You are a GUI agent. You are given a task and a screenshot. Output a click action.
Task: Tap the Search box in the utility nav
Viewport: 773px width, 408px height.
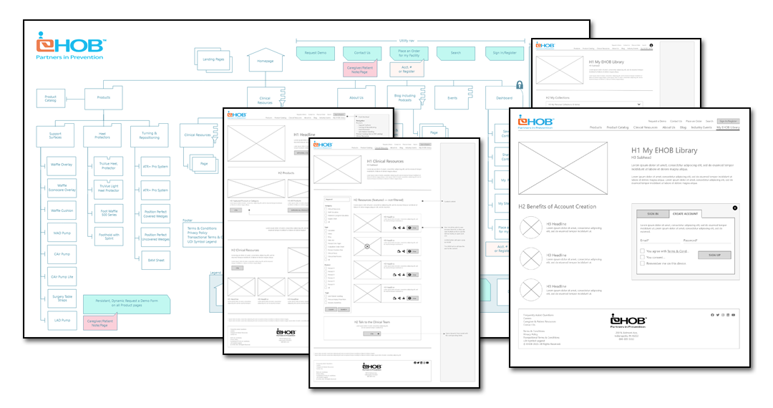point(455,53)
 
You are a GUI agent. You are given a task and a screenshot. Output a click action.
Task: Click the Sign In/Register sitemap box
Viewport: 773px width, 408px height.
point(504,53)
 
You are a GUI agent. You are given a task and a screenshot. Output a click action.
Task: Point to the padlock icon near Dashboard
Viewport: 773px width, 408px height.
point(519,85)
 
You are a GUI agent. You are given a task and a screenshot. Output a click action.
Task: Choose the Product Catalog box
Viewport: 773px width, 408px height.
point(50,98)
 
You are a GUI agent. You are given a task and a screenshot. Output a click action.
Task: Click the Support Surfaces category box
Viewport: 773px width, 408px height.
point(55,135)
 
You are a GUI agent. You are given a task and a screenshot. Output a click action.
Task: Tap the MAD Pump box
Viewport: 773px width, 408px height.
point(61,233)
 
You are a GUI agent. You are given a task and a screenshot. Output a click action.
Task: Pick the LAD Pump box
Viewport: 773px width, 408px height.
point(61,320)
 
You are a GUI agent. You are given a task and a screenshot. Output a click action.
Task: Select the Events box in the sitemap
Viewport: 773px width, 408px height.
point(452,97)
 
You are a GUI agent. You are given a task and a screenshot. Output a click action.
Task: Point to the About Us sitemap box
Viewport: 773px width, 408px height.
point(356,97)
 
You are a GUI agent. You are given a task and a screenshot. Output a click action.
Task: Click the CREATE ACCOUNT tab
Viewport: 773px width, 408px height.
point(685,213)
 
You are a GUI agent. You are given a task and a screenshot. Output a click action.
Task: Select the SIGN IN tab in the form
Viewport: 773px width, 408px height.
point(652,213)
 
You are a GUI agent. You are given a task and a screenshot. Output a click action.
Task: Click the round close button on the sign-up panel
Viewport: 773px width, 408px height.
point(734,208)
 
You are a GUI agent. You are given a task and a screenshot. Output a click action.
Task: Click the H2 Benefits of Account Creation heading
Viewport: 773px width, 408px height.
point(557,207)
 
